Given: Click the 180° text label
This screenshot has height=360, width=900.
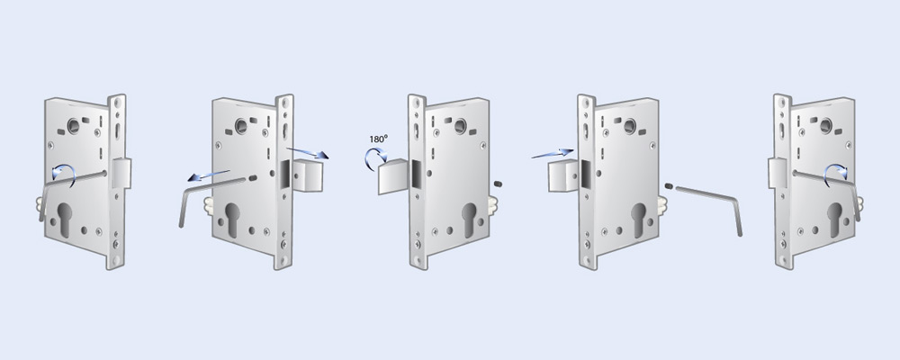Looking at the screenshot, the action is point(378,139).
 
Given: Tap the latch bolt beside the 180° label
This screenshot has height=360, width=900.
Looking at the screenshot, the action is point(393,176).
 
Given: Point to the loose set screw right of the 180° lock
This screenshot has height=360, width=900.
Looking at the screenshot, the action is point(499,184).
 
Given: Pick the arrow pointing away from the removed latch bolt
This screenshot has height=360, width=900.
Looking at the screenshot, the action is point(308,153).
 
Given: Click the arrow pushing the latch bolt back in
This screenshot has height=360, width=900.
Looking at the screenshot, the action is point(553,154).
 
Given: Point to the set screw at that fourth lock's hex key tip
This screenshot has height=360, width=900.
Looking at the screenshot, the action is point(669,186).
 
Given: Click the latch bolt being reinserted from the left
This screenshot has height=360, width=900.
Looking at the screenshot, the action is point(562,175).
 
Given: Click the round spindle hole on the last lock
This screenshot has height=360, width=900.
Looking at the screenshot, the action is point(826,126).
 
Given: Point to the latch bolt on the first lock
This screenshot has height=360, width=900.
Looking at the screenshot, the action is point(121,174).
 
